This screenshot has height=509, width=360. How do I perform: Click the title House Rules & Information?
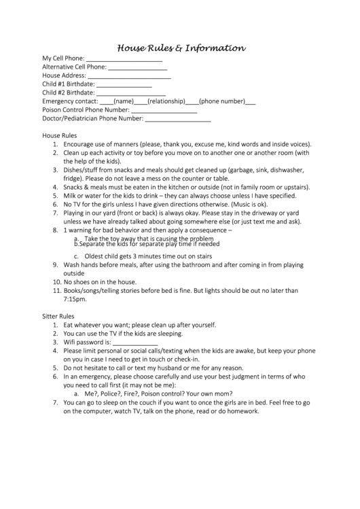tap(181, 48)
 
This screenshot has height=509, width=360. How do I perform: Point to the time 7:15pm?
tap(74, 299)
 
